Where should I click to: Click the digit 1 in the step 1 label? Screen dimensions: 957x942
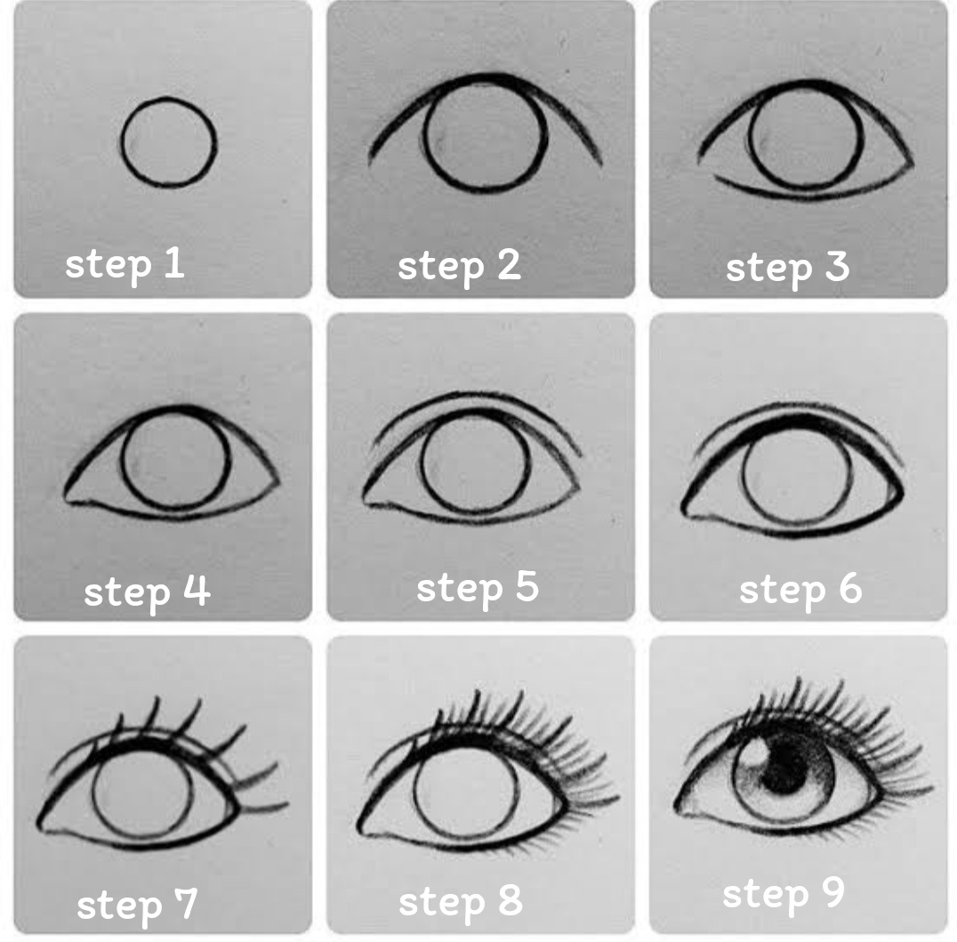pyautogui.click(x=174, y=263)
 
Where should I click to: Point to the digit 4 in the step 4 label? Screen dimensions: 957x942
pyautogui.click(x=197, y=590)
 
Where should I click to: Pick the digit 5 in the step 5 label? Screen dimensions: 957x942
pyautogui.click(x=527, y=586)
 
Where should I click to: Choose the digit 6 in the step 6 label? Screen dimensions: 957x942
pyautogui.click(x=850, y=589)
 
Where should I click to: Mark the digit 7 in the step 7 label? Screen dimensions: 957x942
pyautogui.click(x=186, y=902)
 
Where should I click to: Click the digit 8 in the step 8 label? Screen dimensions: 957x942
pyautogui.click(x=511, y=899)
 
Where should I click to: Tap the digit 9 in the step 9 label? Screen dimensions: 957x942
pyautogui.click(x=833, y=891)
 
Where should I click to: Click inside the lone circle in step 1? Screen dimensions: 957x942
pyautogui.click(x=168, y=141)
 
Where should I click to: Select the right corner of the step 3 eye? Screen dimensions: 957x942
pyautogui.click(x=912, y=164)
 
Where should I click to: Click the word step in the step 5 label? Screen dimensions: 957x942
pyautogui.click(x=460, y=589)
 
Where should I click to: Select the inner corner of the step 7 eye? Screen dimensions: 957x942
pyautogui.click(x=40, y=826)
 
